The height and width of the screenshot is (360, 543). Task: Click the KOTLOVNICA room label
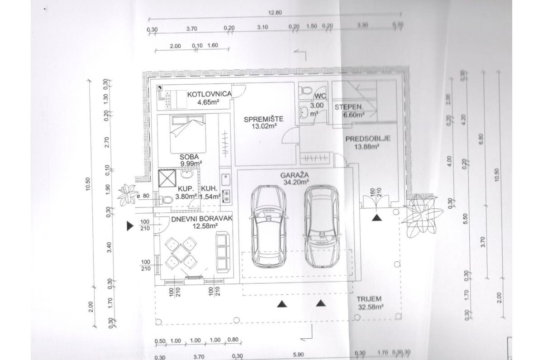click(210, 94)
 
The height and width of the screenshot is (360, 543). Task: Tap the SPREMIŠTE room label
click(263, 120)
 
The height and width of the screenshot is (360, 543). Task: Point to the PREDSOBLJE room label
click(367, 139)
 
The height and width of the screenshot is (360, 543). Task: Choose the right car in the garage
click(322, 226)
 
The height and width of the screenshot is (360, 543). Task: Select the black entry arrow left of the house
click(130, 226)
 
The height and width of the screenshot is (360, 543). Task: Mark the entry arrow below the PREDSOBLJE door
click(376, 218)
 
